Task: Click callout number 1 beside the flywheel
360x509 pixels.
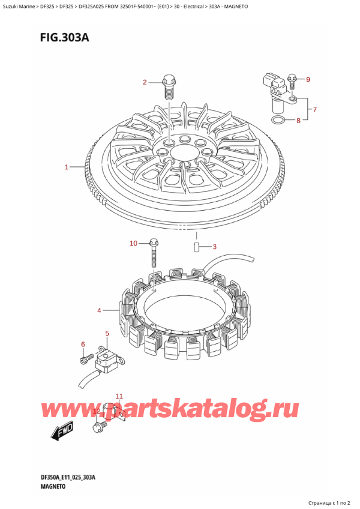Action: click(x=66, y=167)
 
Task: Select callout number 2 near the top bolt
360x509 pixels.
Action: click(x=145, y=82)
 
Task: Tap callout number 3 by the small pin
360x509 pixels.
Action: click(x=214, y=247)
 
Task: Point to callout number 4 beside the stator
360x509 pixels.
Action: click(x=100, y=311)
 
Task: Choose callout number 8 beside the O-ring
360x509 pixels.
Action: click(x=298, y=121)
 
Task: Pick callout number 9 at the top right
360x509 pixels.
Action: click(x=308, y=79)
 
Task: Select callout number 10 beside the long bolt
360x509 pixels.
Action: click(x=133, y=243)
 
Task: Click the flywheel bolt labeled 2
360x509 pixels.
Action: click(x=168, y=86)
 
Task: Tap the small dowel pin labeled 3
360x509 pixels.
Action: click(x=196, y=247)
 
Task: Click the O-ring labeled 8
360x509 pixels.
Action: click(x=278, y=121)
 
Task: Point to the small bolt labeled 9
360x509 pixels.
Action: click(x=292, y=82)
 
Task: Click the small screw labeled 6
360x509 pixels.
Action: click(x=84, y=358)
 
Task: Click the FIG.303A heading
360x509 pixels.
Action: click(x=64, y=38)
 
